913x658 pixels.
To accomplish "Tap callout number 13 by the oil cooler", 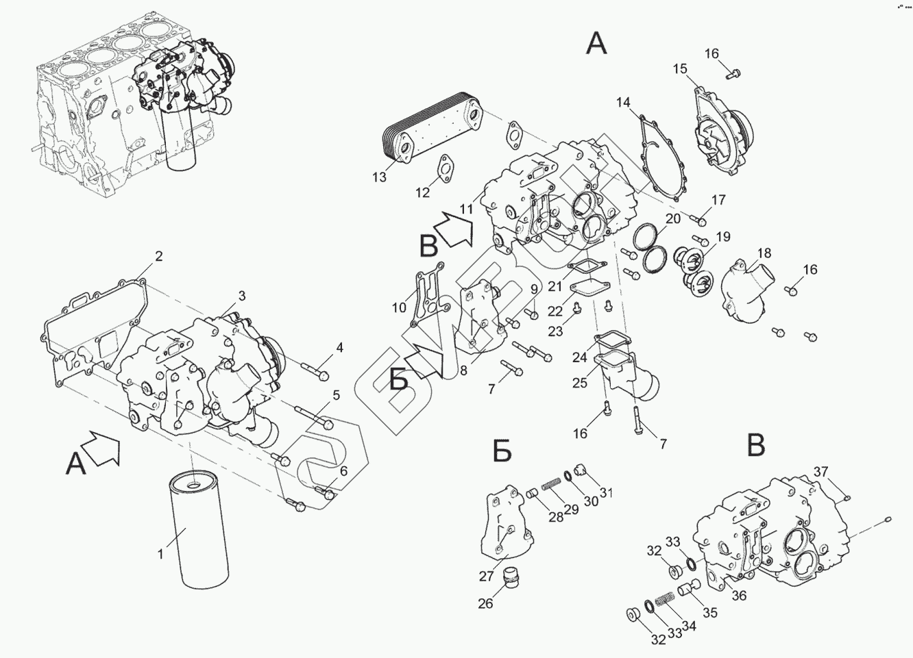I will point(380,178).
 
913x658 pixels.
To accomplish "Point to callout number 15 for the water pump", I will point(679,68).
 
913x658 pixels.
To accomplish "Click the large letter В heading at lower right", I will point(755,445).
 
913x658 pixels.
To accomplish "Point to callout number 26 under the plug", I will point(485,603).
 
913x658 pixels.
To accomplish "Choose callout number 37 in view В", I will point(821,471).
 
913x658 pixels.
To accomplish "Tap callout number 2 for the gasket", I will point(159,257).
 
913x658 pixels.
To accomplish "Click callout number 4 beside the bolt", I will point(339,348).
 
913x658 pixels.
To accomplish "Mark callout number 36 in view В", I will point(738,596).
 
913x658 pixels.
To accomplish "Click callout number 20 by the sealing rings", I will point(673,218).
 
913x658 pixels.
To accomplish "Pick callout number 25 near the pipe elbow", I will point(580,383).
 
